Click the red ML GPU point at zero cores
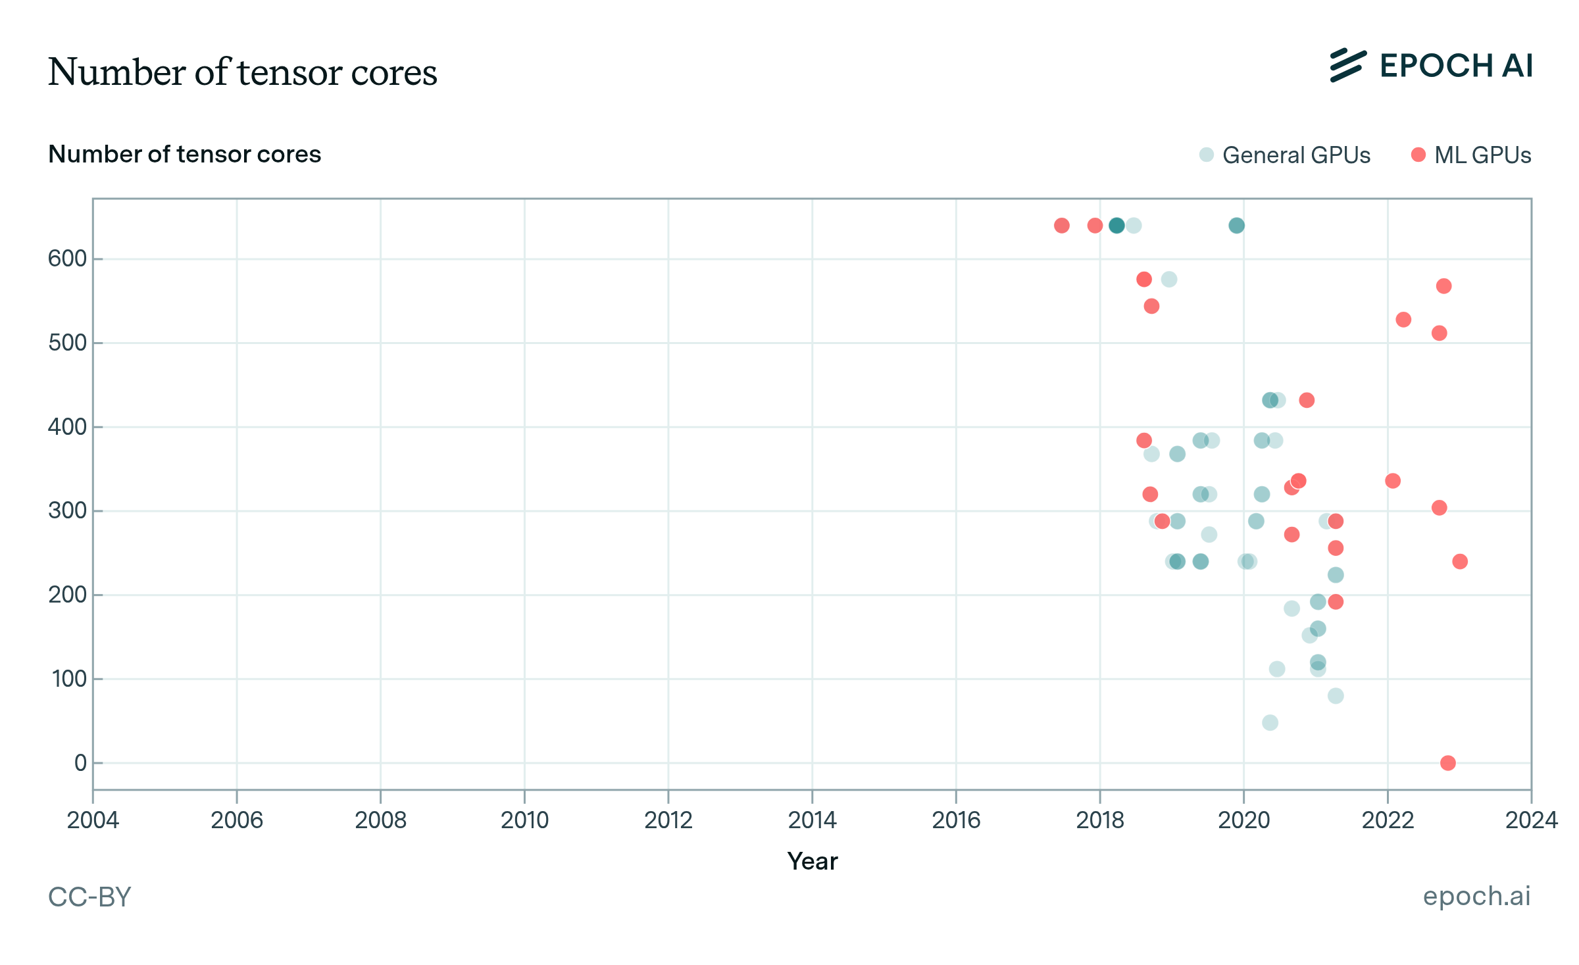click(1447, 763)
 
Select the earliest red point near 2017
click(1061, 226)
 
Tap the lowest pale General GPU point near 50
click(1270, 722)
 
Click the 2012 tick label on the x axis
click(668, 820)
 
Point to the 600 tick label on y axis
click(67, 259)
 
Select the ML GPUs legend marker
click(1418, 155)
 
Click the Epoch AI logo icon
click(1348, 65)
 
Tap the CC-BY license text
click(89, 897)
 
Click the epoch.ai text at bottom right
click(1476, 896)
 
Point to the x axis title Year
click(812, 861)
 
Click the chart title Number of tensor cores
click(242, 72)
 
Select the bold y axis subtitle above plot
click(184, 154)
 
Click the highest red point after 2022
click(1443, 286)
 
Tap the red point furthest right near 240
click(1460, 561)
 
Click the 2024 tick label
click(1531, 820)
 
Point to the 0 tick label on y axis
click(80, 763)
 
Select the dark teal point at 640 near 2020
click(1236, 226)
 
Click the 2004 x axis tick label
click(93, 820)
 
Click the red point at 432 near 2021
click(1307, 400)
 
